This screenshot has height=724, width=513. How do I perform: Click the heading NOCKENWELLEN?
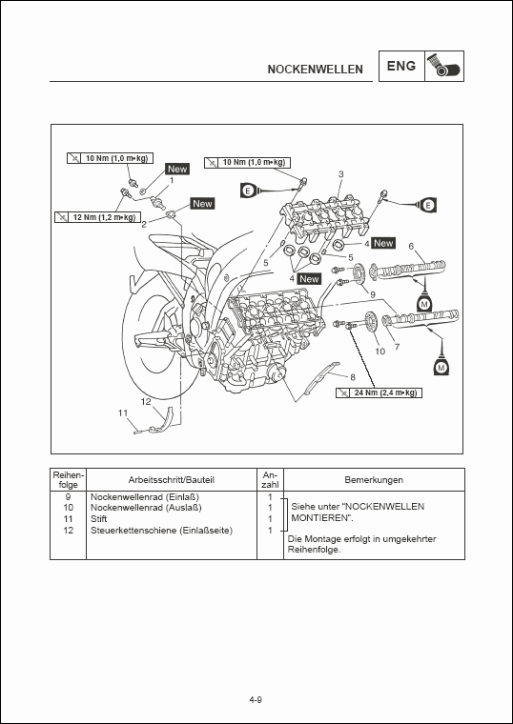coord(315,70)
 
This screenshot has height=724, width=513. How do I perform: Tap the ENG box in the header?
coord(400,68)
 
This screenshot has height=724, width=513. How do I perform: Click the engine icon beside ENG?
coord(444,67)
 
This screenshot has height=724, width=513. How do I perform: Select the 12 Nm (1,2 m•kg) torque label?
coord(96,217)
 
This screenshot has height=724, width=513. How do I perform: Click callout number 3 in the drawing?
coord(340,174)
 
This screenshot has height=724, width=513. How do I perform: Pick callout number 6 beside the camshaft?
coord(411,247)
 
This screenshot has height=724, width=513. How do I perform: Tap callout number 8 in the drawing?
coord(352,377)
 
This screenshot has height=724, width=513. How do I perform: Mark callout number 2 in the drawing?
coord(144,223)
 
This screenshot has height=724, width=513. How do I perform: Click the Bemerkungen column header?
coord(374,480)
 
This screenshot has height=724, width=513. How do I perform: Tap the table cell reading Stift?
coord(99,519)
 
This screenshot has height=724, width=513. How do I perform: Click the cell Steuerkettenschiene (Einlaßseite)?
coord(160,530)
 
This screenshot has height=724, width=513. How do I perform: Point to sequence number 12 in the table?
coord(69,530)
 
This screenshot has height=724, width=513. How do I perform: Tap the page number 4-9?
coord(256,701)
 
